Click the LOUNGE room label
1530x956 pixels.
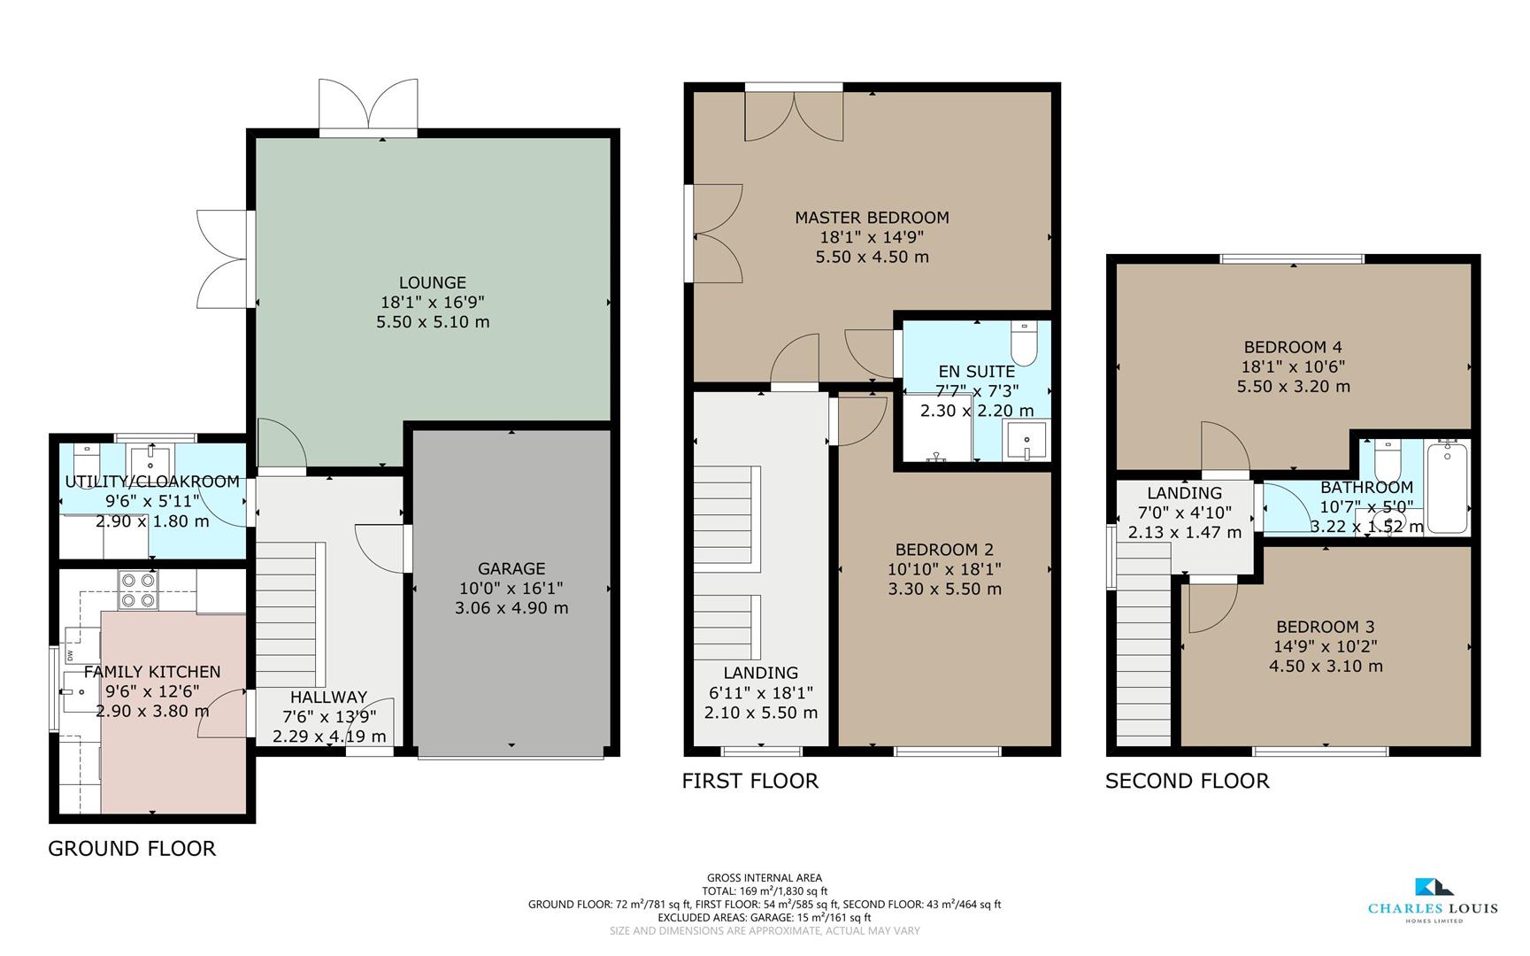(x=432, y=282)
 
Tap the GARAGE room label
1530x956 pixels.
(x=511, y=568)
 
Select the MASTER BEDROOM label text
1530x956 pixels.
(x=872, y=217)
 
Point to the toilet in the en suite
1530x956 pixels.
(x=1023, y=344)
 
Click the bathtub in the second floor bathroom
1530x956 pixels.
(x=1447, y=488)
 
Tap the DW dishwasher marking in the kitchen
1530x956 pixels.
(x=69, y=656)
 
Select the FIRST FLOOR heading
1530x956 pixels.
(x=750, y=781)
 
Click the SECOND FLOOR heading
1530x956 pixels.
(x=1187, y=781)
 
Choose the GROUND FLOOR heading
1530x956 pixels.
(x=132, y=849)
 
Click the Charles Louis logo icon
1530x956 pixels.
(x=1433, y=887)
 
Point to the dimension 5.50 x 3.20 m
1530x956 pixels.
(x=1293, y=387)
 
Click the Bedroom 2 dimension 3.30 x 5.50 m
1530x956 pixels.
(x=944, y=590)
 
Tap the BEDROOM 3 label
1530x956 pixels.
(x=1325, y=627)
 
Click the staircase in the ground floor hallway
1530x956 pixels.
(x=286, y=615)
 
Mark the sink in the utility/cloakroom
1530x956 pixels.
(x=152, y=461)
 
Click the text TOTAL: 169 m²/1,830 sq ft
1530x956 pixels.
(x=764, y=891)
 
